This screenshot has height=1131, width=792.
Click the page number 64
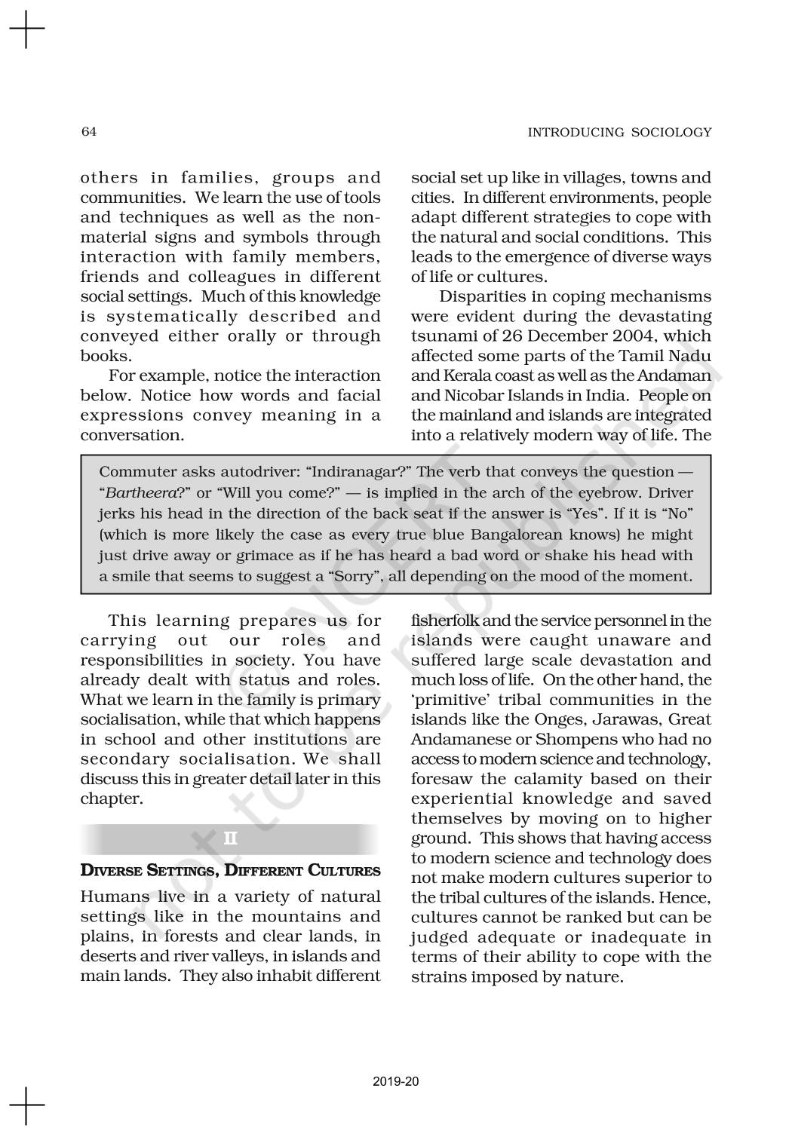coord(88,132)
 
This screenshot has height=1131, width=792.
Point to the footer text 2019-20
coord(396,1082)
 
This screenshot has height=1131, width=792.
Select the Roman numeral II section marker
coord(231,838)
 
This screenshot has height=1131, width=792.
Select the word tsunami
coord(439,336)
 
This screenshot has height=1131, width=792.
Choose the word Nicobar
coord(469,395)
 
